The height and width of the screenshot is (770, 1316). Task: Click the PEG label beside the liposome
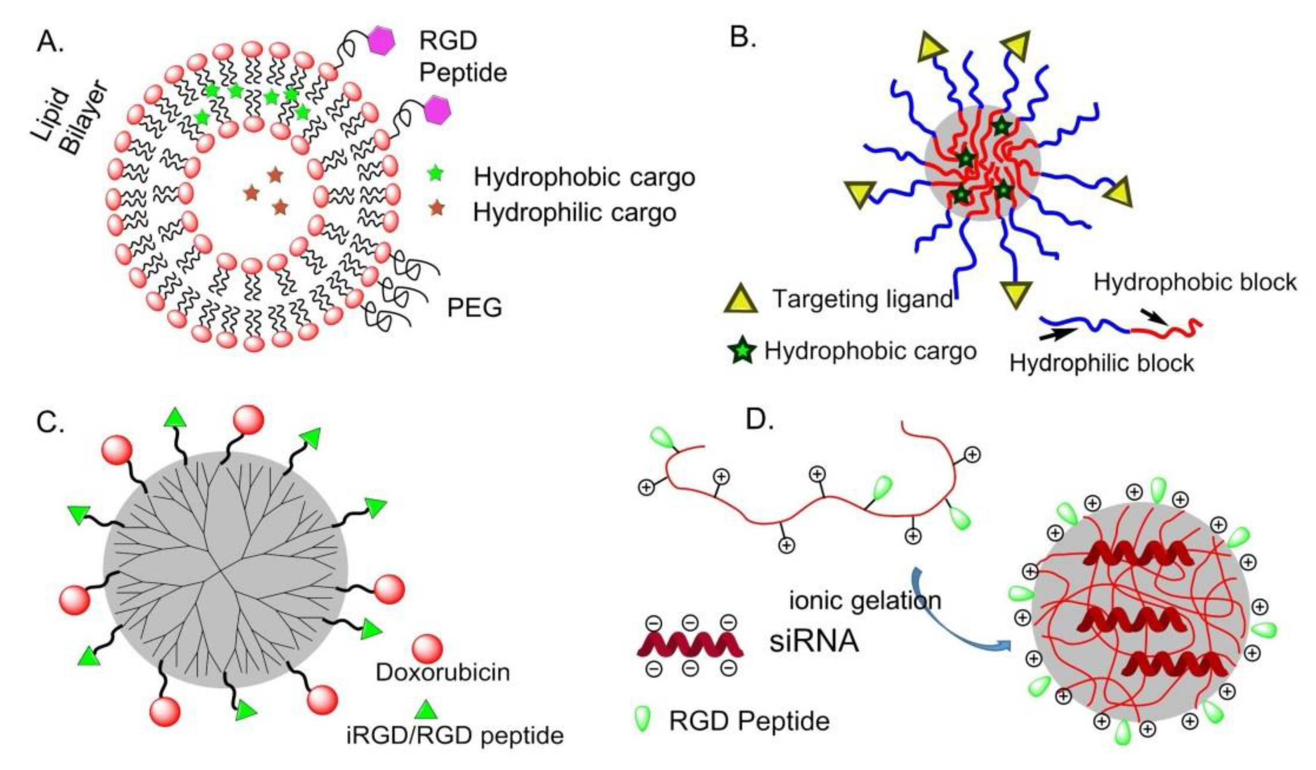474,308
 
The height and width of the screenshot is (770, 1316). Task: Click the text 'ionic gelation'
865,600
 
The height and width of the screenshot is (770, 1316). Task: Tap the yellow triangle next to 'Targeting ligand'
741,301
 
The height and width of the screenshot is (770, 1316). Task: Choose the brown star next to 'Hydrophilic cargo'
436,209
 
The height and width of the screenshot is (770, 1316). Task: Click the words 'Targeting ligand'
863,299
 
